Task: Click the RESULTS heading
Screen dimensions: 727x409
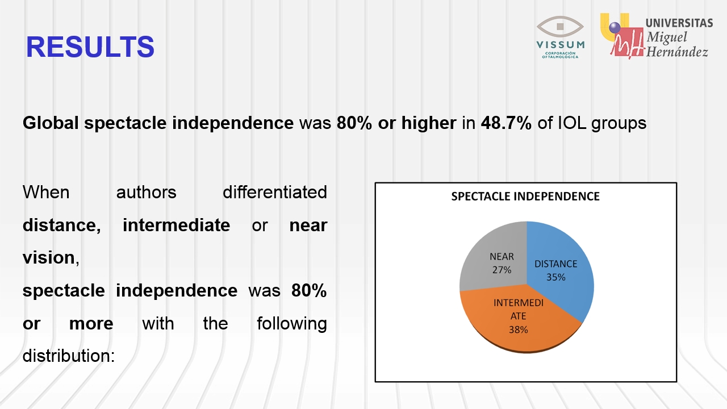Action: tap(90, 47)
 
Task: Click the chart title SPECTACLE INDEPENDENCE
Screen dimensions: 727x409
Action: tap(525, 197)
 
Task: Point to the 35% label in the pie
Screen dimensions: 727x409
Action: tap(555, 277)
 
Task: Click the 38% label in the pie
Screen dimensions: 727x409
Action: tap(519, 330)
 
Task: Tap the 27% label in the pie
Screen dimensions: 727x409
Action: tap(502, 270)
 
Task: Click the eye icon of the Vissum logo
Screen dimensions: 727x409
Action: tap(560, 27)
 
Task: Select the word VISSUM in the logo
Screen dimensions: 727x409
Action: tap(561, 44)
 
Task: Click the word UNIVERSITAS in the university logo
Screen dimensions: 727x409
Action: tap(679, 23)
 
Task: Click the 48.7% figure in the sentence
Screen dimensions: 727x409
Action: tap(506, 123)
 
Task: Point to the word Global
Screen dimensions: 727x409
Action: tap(51, 123)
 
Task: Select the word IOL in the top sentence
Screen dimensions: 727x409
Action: tap(572, 123)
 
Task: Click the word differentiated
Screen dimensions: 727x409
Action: tap(275, 192)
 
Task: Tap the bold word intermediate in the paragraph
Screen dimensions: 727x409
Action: tap(176, 226)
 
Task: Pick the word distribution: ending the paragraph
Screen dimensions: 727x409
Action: tap(69, 356)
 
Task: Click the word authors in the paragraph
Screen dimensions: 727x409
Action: tap(147, 193)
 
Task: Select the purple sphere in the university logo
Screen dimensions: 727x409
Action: tap(615, 27)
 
